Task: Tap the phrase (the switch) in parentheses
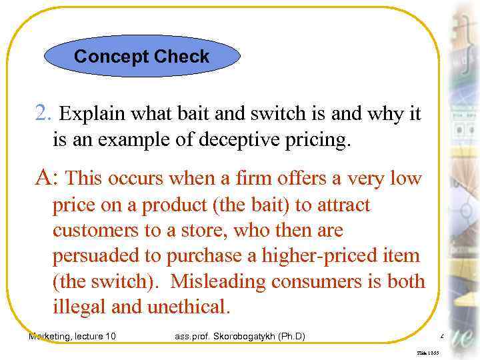107,281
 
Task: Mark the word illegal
79,307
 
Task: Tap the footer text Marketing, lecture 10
72,336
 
